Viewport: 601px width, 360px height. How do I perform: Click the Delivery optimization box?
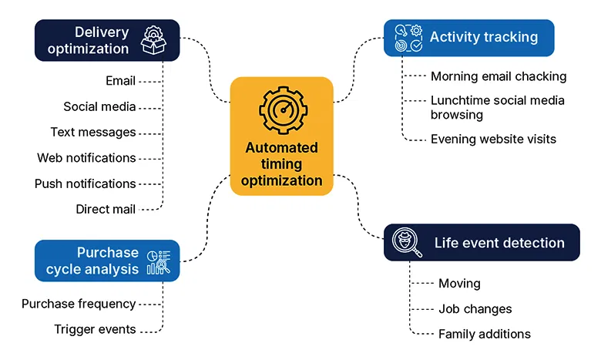coord(106,40)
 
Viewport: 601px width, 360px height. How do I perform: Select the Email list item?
coord(120,81)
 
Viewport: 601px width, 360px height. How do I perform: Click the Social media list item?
coord(99,106)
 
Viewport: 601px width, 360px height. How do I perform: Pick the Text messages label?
coord(93,132)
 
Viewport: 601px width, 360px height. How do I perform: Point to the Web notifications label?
coord(86,158)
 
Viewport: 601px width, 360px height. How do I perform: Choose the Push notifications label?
coord(86,183)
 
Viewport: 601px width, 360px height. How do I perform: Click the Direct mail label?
coord(106,209)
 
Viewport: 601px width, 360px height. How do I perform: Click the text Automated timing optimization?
coord(281,164)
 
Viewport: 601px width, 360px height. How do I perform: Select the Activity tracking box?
coord(468,38)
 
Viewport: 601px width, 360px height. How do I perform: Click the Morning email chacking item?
coord(498,76)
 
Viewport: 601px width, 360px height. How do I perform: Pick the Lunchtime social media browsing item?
coord(497,107)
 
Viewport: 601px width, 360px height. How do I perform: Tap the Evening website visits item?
coord(493,140)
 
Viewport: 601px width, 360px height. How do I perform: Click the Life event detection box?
coord(482,243)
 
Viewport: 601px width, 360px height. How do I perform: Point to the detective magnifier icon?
coord(406,242)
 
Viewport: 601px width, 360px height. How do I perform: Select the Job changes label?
coord(475,308)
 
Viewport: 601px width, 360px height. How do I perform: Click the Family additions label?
coord(484,334)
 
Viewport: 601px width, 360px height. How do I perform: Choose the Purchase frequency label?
coord(79,304)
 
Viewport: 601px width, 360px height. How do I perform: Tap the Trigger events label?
coord(95,329)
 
